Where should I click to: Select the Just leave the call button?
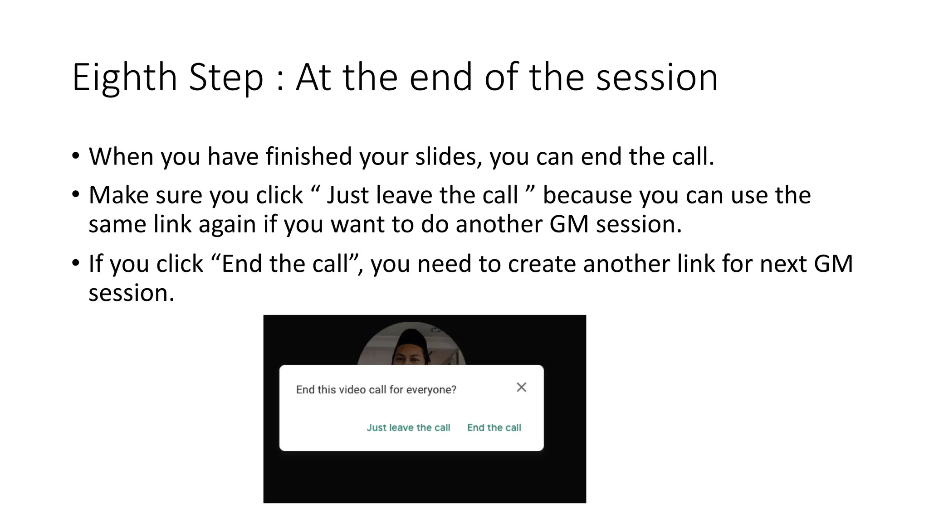[x=408, y=427]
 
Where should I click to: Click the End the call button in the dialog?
[x=494, y=427]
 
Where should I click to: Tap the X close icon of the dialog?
[x=521, y=387]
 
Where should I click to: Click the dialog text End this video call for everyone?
[x=376, y=390]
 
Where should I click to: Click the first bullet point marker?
[x=75, y=157]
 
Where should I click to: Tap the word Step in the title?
[x=225, y=78]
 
